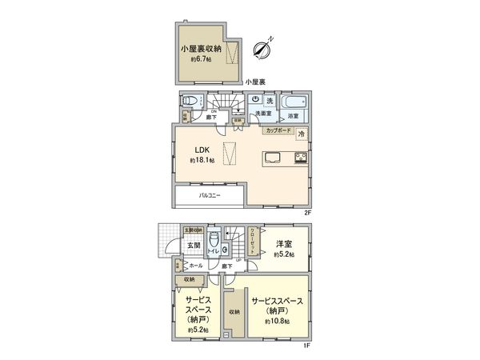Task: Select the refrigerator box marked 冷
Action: click(301, 134)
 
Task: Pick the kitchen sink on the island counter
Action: click(269, 156)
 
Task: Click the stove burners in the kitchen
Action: click(301, 157)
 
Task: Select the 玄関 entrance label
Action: click(183, 246)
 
